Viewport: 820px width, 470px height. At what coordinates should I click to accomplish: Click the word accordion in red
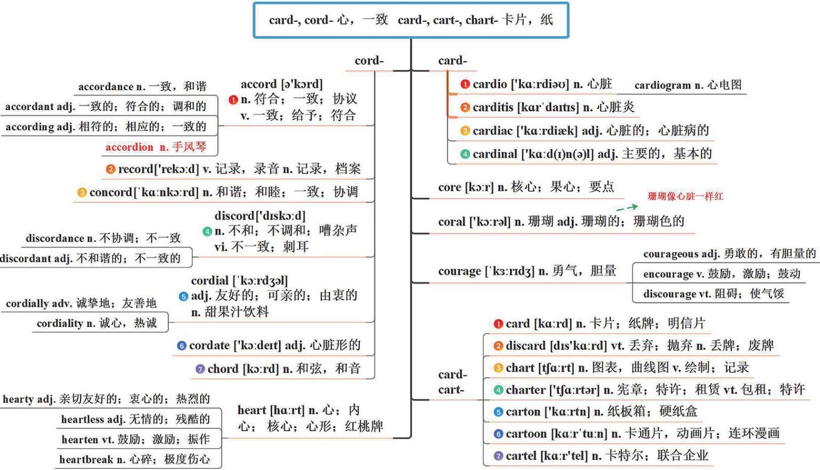(x=129, y=147)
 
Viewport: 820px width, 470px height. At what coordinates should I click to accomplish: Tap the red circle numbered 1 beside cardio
(x=465, y=84)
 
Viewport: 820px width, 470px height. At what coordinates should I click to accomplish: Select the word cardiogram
(x=662, y=85)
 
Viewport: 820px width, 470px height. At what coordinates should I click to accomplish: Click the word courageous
(x=671, y=254)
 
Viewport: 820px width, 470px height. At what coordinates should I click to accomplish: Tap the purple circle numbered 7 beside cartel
(x=498, y=456)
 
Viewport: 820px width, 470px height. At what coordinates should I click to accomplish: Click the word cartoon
(x=525, y=434)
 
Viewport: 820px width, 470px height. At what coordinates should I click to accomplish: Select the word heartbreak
(x=85, y=459)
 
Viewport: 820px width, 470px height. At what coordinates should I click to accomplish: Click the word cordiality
(x=60, y=323)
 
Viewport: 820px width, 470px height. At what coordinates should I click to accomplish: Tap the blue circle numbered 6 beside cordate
(x=182, y=346)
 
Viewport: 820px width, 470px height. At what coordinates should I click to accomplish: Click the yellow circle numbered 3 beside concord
(x=82, y=192)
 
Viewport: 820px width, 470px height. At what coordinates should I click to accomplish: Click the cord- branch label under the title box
(x=369, y=61)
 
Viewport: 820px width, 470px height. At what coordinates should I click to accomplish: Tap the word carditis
(x=493, y=107)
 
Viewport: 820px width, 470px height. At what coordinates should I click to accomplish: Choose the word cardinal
(x=495, y=154)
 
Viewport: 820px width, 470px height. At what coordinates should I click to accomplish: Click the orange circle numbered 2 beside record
(x=111, y=169)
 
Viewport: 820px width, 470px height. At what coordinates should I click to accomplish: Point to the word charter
(x=525, y=390)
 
